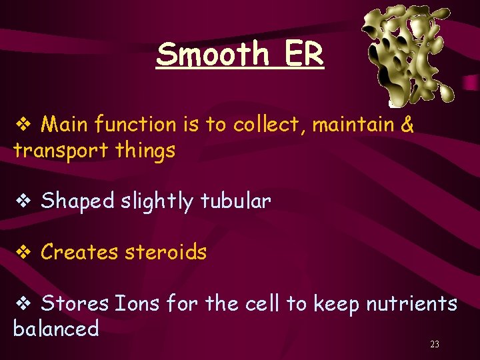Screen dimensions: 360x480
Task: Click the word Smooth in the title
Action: point(212,54)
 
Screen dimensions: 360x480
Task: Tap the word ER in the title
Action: point(303,54)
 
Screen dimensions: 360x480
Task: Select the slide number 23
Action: point(435,345)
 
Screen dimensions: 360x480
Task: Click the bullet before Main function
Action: point(22,125)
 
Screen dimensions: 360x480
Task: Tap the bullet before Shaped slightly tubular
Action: point(22,201)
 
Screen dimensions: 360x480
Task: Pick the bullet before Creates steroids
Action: point(22,253)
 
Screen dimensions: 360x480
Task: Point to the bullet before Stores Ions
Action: point(22,304)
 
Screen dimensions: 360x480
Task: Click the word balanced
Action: point(56,329)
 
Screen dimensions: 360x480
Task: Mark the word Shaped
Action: point(77,201)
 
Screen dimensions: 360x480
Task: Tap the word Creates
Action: point(79,252)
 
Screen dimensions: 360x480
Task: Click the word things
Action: point(145,151)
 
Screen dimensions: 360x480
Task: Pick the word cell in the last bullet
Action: point(261,304)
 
